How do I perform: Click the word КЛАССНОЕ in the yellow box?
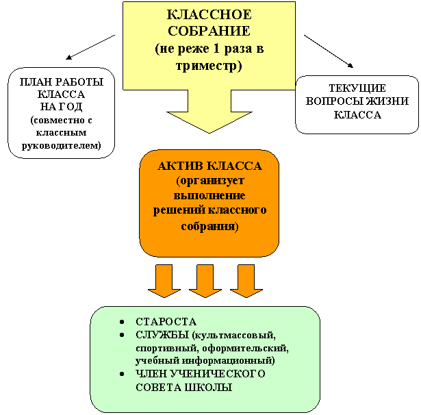209,15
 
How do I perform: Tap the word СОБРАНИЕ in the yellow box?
209,32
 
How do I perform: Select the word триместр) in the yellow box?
209,66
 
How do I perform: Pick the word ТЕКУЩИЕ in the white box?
357,88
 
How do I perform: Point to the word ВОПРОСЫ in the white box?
335,101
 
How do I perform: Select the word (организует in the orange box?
209,181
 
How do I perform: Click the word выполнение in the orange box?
209,195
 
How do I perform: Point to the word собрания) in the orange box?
209,225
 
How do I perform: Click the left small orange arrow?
164,281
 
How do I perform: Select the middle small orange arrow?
205,281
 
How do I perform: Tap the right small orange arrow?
246,281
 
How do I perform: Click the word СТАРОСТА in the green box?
166,322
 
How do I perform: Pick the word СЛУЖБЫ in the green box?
163,335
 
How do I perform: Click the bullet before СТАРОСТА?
121,322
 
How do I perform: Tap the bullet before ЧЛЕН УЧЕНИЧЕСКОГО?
121,374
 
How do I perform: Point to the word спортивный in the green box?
162,348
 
